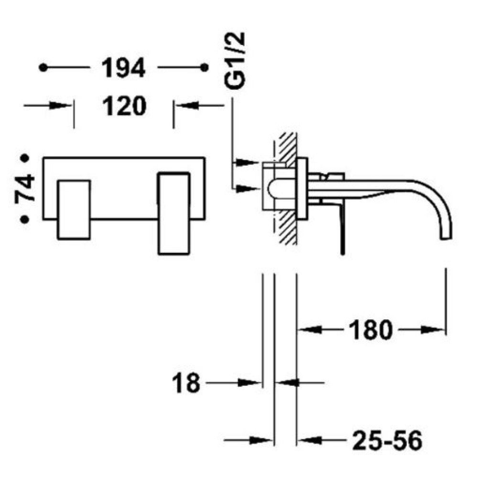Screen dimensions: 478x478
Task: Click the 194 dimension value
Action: (123, 68)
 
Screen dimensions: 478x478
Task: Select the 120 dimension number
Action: (124, 106)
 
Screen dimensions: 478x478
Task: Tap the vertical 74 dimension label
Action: (25, 188)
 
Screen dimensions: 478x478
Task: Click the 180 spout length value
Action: (370, 330)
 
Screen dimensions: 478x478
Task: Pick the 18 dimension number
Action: (186, 383)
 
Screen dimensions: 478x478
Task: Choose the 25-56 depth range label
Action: (388, 440)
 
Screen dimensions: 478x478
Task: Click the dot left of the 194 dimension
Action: (43, 67)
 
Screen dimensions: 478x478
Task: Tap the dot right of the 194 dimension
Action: (205, 67)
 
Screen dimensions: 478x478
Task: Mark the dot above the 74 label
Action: (24, 158)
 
